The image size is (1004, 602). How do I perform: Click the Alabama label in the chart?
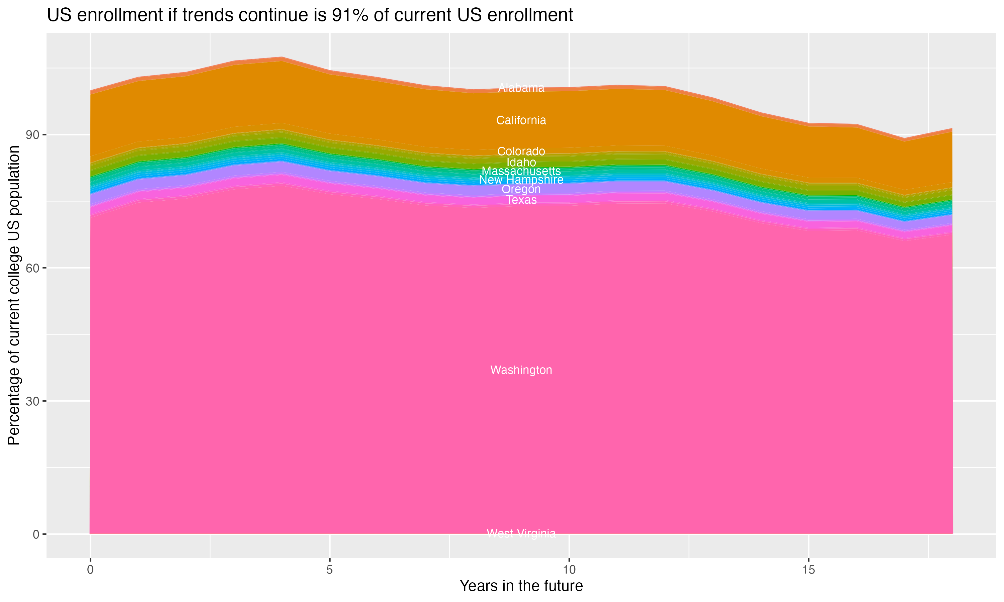click(x=521, y=88)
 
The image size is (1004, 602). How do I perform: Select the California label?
click(x=521, y=120)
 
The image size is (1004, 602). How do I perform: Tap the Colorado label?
click(x=521, y=151)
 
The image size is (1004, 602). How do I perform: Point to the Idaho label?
click(x=521, y=162)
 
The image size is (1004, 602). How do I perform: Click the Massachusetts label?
click(x=521, y=171)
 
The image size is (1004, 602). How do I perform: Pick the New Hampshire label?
click(x=521, y=180)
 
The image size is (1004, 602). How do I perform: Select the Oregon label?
click(x=521, y=189)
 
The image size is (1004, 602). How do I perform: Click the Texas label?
click(x=521, y=200)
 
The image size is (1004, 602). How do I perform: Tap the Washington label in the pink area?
click(x=521, y=370)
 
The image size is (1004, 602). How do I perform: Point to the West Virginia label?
click(x=521, y=533)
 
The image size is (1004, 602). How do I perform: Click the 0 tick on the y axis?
click(x=36, y=534)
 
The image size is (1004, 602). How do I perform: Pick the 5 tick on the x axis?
click(x=330, y=570)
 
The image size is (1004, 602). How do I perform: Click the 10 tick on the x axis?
click(x=569, y=570)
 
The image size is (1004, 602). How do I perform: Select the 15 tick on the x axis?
click(x=809, y=570)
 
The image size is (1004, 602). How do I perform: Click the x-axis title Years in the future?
click(x=521, y=586)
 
